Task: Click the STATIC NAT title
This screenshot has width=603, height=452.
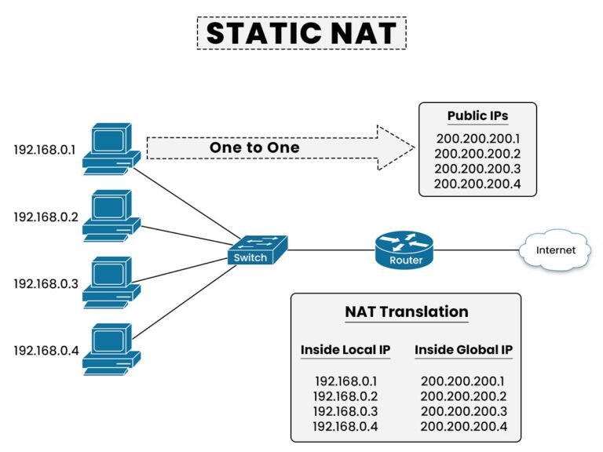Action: [x=301, y=34]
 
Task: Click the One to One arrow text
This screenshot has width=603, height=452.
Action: [x=254, y=148]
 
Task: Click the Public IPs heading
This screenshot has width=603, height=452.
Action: [x=477, y=116]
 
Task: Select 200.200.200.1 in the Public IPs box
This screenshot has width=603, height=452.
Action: [x=477, y=138]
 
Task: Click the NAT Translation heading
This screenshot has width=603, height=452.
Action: [x=406, y=312]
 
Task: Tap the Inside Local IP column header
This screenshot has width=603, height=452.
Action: [x=345, y=349]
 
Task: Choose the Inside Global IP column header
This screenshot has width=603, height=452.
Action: [x=463, y=349]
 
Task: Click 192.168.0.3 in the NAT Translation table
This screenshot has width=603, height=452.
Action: [x=345, y=411]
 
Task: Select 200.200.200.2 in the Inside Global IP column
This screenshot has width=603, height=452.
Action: [x=463, y=396]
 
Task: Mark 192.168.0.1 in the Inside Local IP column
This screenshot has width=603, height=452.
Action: [x=345, y=381]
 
